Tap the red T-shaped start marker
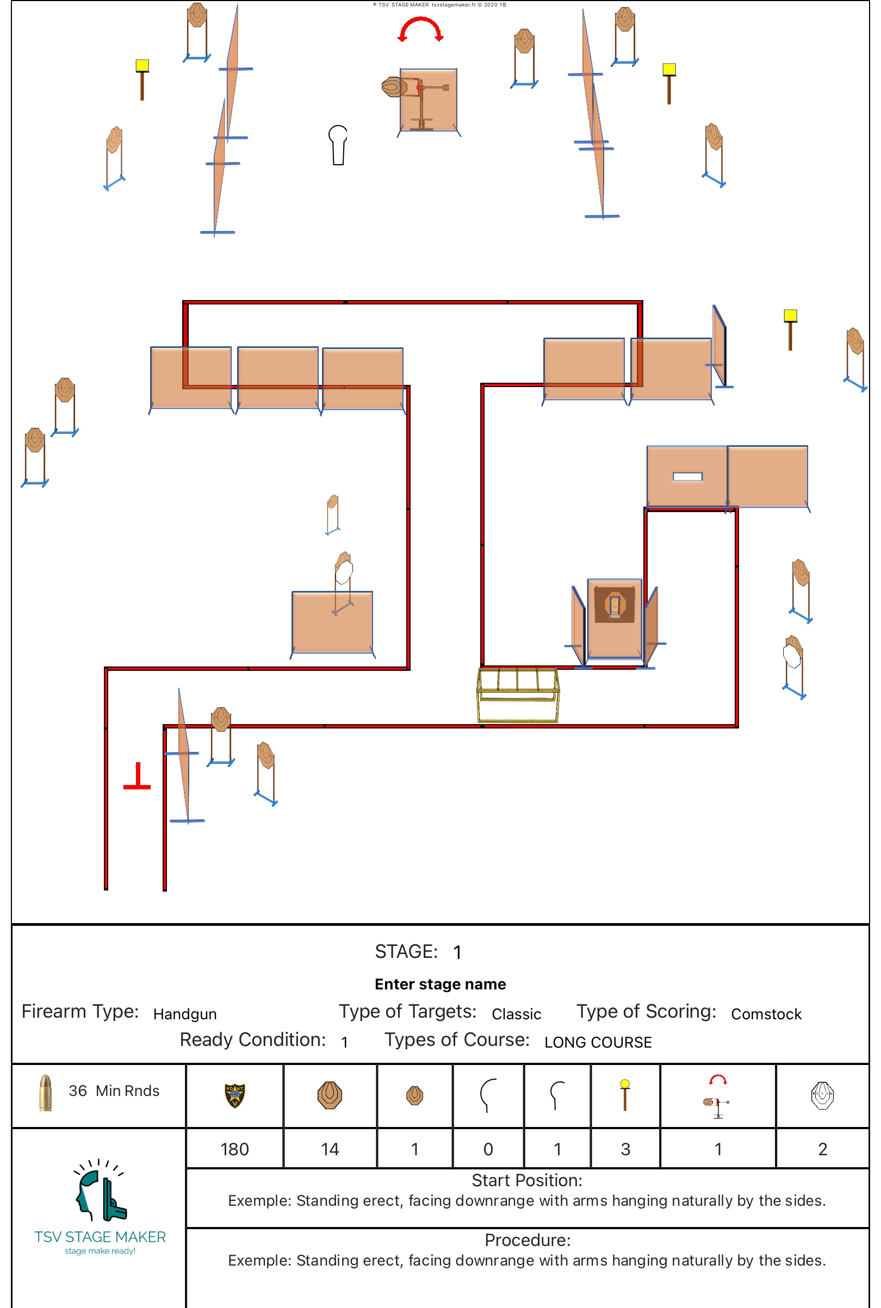coord(137,777)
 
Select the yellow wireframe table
coord(518,694)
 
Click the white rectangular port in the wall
coord(687,477)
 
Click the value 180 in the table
coord(234,1149)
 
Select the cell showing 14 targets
coord(330,1149)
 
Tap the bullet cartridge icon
coord(45,1092)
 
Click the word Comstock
coord(766,1014)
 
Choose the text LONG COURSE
coord(598,1042)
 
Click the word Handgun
coord(185,1014)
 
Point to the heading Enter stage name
coord(440,984)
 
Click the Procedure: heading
coord(527,1240)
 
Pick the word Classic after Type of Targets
coord(516,1014)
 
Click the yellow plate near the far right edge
coord(790,316)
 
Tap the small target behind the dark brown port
coord(615,605)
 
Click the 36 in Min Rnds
coord(78,1091)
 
